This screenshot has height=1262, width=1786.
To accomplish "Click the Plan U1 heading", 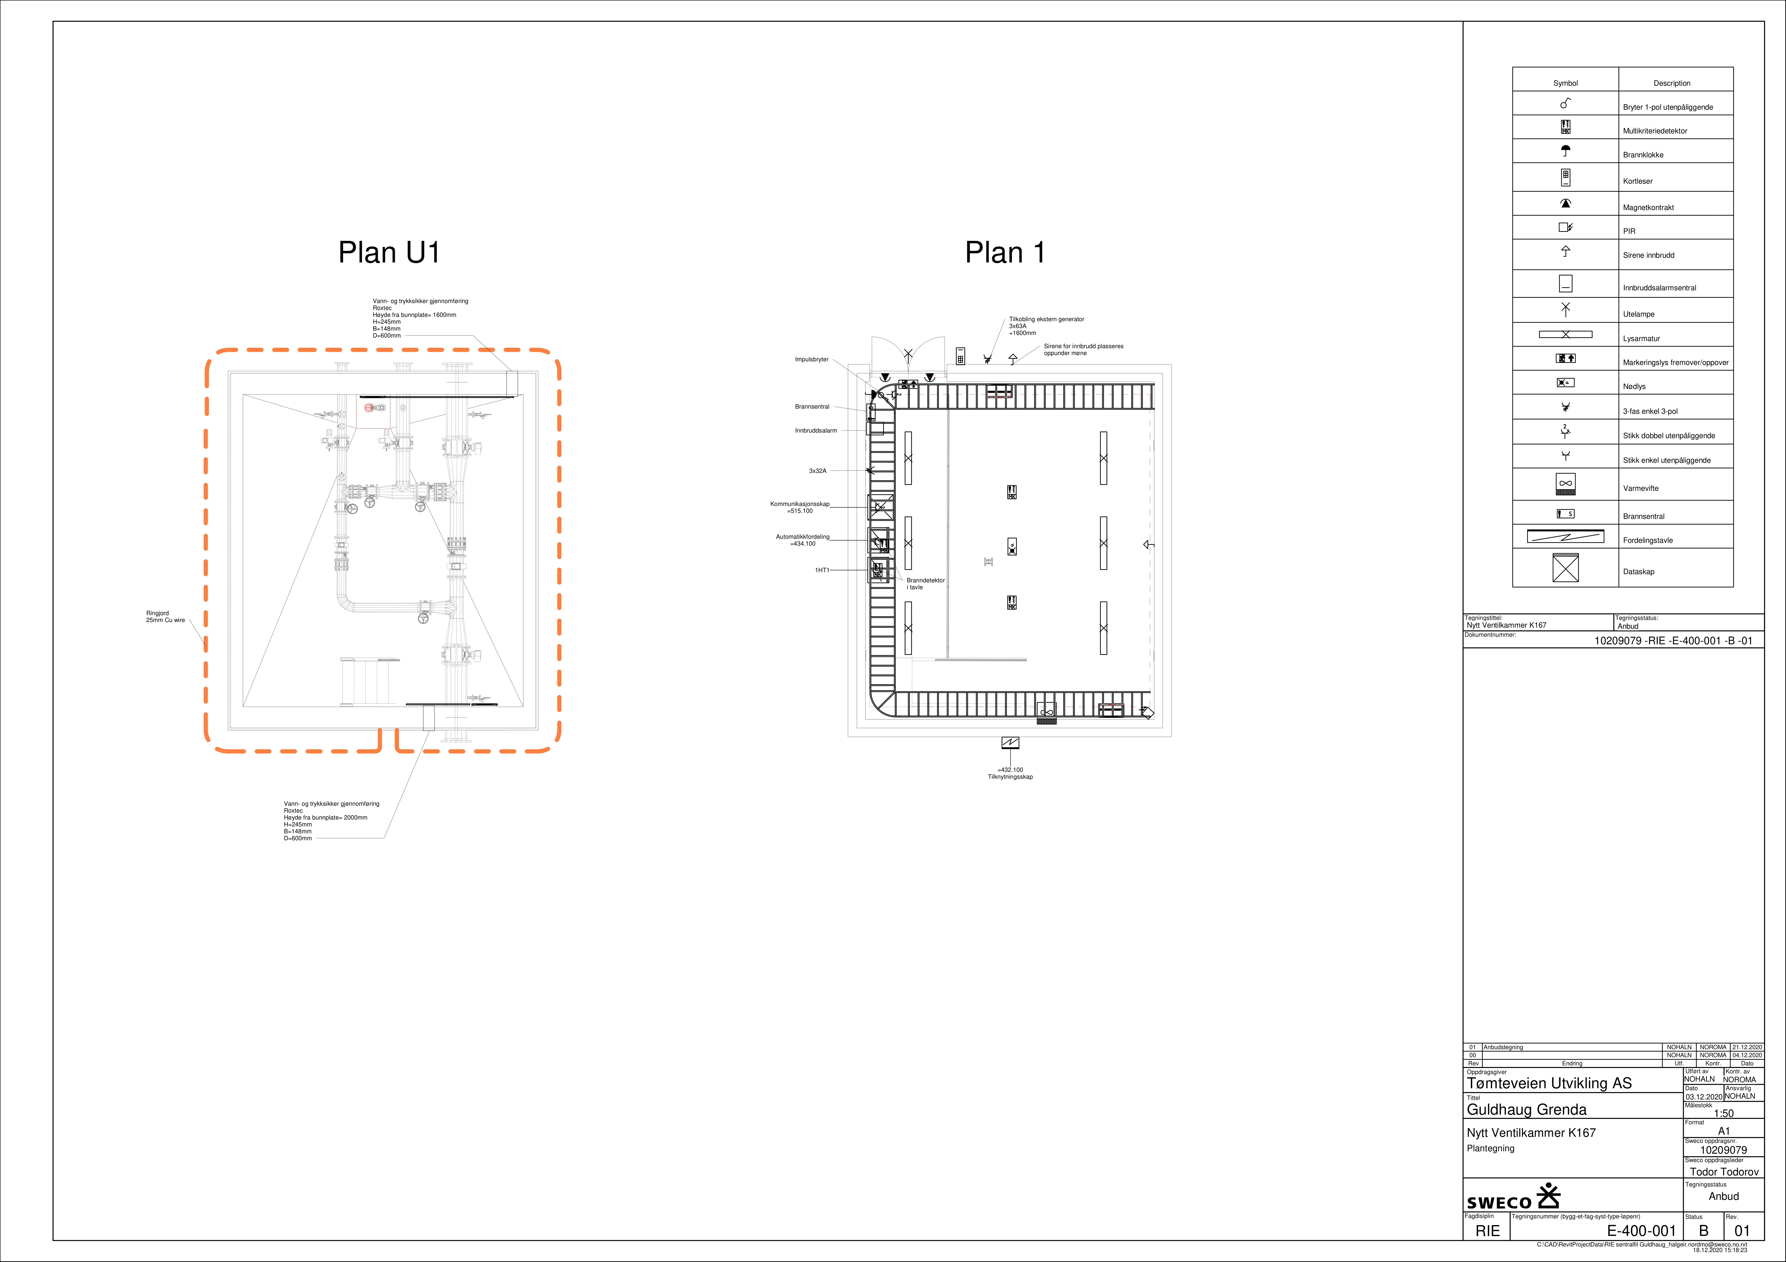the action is coord(389,252).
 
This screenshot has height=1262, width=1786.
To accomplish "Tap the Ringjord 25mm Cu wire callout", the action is coord(166,617).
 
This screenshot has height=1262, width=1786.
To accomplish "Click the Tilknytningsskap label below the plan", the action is coord(1010,777).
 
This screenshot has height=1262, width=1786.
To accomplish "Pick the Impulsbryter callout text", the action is coord(811,359).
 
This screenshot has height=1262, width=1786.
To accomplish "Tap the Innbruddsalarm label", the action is coord(816,430).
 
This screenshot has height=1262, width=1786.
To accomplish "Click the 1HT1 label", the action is coord(822,570).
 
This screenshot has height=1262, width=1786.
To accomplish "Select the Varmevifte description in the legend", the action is coord(1641,489).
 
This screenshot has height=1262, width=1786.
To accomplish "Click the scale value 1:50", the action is coord(1724,1113).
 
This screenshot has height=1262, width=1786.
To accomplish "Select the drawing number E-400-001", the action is coord(1641,1231).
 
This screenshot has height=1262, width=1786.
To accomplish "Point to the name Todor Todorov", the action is coord(1724,1172).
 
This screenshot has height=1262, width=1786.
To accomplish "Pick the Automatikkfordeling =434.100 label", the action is coord(803,540).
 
